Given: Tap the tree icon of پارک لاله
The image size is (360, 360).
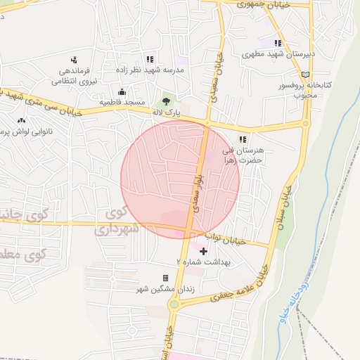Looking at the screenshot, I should click(x=167, y=101).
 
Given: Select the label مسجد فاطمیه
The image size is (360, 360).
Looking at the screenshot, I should click(x=122, y=102).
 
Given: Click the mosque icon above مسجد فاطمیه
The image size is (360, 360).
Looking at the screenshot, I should click(x=122, y=91).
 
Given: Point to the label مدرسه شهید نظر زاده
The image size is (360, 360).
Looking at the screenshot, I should click(x=149, y=70).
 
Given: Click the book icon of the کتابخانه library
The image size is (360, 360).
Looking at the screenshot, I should click(x=304, y=75).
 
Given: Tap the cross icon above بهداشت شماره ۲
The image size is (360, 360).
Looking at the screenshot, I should click(x=204, y=250).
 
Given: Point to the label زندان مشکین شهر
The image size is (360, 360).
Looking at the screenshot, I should click(x=166, y=288).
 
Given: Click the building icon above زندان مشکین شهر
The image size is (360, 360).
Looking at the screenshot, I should click(x=166, y=278).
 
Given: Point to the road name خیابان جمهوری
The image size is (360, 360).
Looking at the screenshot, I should click(x=243, y=4).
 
